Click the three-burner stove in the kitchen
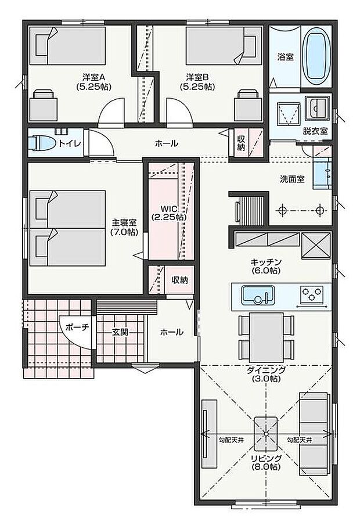[313, 295]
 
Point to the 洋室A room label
[93, 81]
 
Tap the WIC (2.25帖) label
[169, 213]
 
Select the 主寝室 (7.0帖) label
[124, 226]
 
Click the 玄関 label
[120, 332]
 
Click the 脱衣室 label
[315, 131]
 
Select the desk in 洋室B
[248, 106]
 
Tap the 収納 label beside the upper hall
[241, 143]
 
